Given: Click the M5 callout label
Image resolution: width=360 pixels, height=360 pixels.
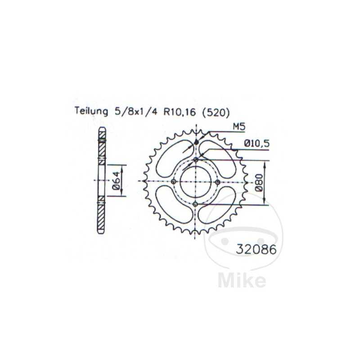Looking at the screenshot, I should coord(238,127).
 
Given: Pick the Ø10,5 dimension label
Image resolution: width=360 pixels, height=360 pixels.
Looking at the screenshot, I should coord(257,144).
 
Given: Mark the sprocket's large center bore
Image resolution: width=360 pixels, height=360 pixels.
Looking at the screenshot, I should coord(196,181).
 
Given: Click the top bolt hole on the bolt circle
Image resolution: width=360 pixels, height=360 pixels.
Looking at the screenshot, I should coord(196,160).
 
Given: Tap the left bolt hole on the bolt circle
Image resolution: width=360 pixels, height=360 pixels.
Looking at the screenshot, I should coord(174,181).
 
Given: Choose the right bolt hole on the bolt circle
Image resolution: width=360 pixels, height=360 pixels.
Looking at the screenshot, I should coord(218,181).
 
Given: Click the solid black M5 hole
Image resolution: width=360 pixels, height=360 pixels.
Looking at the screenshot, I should coord(196,143).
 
